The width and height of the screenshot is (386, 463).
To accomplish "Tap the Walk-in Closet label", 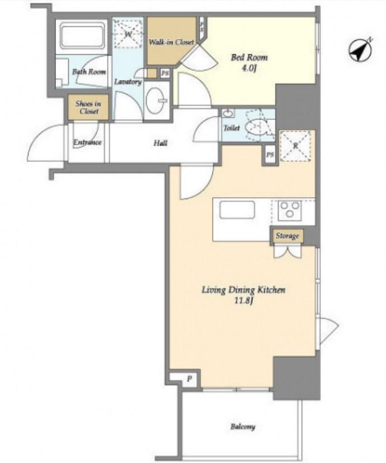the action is (171, 42).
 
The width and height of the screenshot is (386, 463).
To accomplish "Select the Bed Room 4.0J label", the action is (249, 62).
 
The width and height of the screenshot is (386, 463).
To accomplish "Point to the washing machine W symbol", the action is (128, 34).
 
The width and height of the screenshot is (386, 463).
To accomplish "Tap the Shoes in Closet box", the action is (88, 107).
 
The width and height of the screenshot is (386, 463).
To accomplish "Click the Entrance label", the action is (87, 143).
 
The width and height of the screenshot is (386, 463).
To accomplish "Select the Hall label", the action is (161, 143).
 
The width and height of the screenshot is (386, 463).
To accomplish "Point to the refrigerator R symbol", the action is (295, 145).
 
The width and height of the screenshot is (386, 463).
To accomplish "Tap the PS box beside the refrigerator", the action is (270, 154).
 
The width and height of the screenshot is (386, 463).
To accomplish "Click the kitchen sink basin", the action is (237, 210).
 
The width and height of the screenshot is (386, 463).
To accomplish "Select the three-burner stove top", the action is (289, 210).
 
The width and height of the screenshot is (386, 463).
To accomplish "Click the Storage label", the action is (287, 236).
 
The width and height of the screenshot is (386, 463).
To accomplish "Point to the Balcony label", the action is (243, 427).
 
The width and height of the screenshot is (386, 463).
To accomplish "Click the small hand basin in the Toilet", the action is (228, 113).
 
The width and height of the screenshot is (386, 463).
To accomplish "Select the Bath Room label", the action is (89, 72).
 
